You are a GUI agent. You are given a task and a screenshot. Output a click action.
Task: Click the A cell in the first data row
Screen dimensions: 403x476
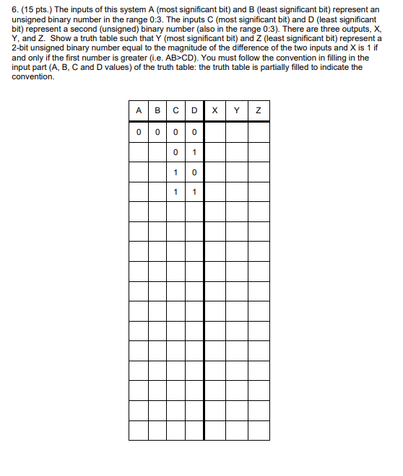(138, 132)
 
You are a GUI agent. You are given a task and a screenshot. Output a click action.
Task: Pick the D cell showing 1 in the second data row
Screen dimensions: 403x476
(194, 151)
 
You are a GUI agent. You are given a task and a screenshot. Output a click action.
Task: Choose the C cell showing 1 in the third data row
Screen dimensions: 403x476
(175, 172)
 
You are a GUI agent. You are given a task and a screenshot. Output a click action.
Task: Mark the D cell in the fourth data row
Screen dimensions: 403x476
(194, 192)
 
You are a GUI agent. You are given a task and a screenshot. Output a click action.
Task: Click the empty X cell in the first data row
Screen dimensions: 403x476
(215, 132)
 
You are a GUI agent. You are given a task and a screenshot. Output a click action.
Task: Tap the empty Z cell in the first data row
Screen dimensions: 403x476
(258, 132)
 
